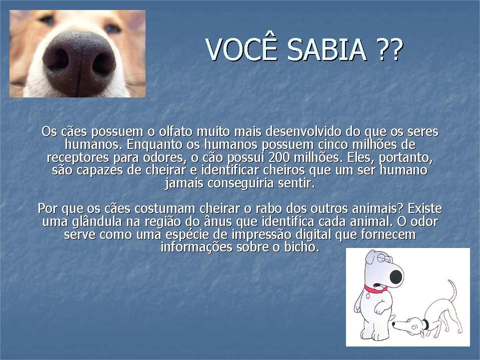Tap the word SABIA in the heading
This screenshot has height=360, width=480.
pos(326,49)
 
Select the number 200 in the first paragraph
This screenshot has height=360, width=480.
pos(278,157)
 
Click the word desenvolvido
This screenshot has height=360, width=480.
pos(303,131)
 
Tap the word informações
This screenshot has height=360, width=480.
pos(196,247)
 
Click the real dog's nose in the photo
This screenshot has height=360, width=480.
pos(79,63)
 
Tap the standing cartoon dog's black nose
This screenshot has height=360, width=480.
pos(396,276)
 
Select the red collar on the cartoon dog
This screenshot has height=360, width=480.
pos(374,288)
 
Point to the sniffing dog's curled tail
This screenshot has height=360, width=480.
pos(451,291)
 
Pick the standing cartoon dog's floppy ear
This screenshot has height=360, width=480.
pos(370,257)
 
